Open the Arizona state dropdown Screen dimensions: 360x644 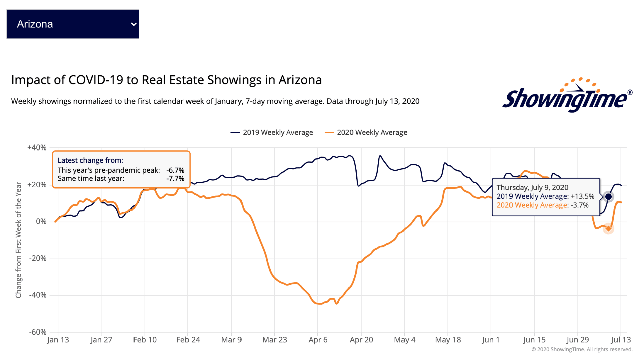(72, 24)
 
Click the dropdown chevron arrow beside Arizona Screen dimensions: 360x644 (133, 24)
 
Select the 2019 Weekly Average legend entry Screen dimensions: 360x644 (272, 133)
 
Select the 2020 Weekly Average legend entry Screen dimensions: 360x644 (366, 133)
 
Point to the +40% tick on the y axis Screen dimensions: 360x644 (37, 148)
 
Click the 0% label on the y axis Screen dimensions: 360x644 (41, 222)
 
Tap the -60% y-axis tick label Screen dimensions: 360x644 (38, 332)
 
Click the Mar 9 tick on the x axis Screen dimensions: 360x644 (231, 340)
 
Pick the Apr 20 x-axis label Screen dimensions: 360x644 (361, 340)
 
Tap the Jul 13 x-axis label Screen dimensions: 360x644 (621, 340)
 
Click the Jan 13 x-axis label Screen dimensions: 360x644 (58, 340)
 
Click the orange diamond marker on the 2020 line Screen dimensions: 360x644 (608, 229)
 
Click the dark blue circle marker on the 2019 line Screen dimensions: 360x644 (608, 197)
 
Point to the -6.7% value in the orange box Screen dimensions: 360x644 (175, 170)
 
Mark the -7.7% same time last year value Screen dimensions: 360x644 (175, 179)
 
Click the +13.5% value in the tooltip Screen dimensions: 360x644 (582, 196)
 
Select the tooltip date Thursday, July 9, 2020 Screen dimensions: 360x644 (532, 188)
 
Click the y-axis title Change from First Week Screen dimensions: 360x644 (19, 240)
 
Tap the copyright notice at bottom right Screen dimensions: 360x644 (582, 350)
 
